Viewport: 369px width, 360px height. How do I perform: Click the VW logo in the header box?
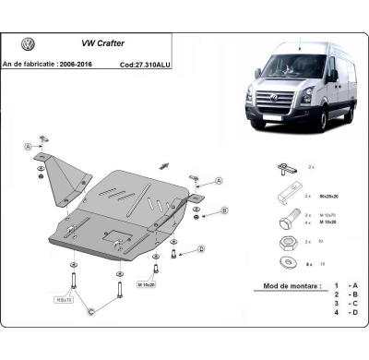point(28,44)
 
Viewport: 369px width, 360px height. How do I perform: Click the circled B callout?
point(223,211)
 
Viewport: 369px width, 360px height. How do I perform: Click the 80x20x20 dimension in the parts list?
point(313,198)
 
